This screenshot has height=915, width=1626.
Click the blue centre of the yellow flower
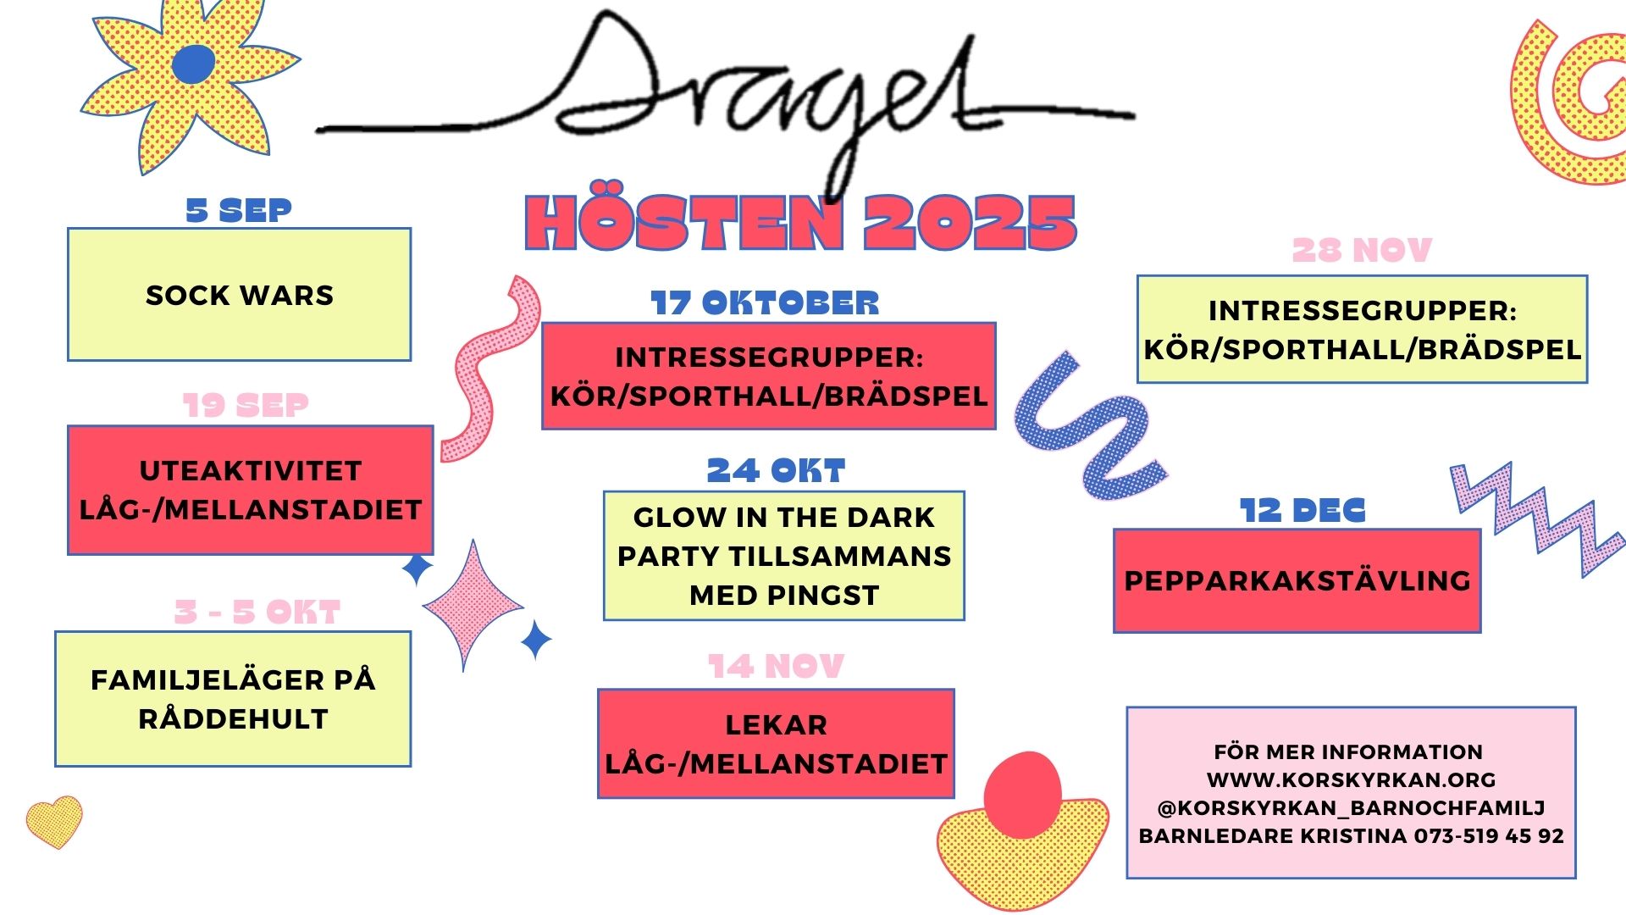coord(194,64)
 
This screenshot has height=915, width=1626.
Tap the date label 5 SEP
coord(239,210)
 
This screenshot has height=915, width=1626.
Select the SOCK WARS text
coord(240,295)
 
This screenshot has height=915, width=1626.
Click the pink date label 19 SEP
coord(246,405)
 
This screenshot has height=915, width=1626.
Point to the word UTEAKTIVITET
coord(251,470)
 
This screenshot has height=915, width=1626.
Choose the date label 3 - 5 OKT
coord(257,612)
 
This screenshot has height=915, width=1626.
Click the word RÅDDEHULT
coord(234,718)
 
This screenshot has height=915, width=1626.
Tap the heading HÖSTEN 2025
coord(800,223)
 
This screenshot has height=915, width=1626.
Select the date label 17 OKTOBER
coord(765,303)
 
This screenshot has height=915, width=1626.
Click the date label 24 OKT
coord(776,470)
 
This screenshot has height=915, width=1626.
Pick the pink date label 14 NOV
coord(776,667)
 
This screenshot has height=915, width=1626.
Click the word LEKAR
coord(777,724)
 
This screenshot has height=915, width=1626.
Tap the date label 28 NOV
coord(1362,250)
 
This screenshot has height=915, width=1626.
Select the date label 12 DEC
coord(1302,510)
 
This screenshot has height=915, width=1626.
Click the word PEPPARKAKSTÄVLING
coord(1297,580)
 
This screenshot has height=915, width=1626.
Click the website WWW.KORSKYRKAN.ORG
coord(1352,779)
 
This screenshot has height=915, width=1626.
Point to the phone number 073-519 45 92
coord(1489,835)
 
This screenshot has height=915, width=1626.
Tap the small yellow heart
coord(54,821)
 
